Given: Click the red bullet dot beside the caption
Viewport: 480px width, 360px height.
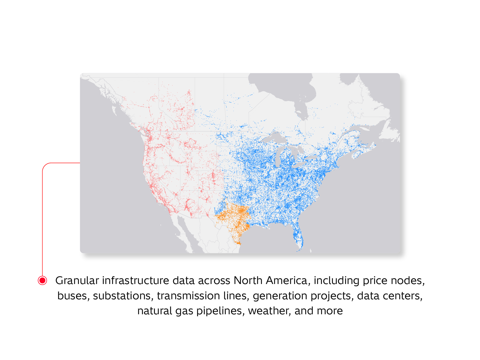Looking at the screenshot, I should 42,281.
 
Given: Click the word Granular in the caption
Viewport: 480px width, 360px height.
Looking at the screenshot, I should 77,281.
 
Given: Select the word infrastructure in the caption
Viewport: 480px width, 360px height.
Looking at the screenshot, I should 135,281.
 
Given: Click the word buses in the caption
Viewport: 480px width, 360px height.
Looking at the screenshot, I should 73,296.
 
